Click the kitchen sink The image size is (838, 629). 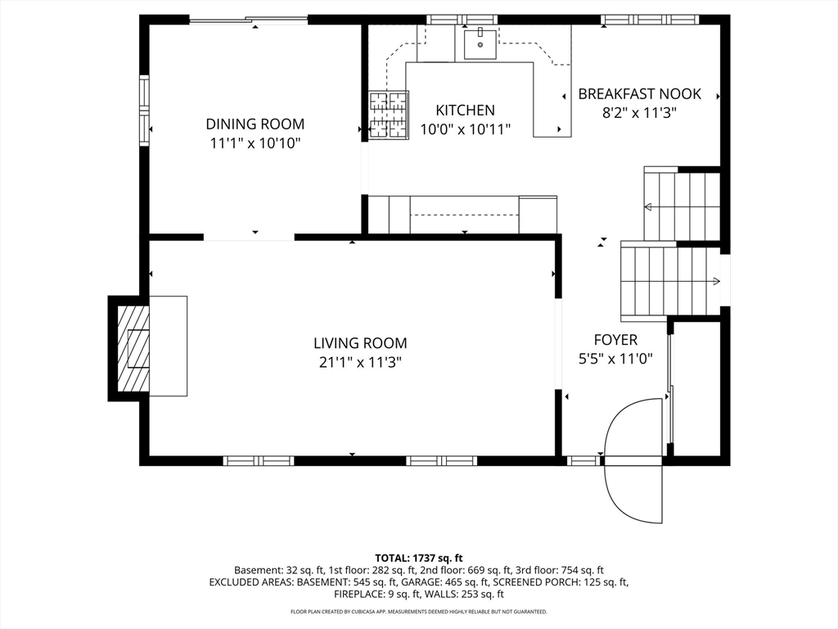tap(480, 44)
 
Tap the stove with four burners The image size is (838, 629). tap(389, 115)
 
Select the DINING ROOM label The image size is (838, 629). tap(255, 124)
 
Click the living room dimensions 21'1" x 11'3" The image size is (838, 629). tap(360, 363)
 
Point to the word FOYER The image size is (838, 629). tap(615, 340)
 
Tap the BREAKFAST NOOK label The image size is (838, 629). tap(640, 94)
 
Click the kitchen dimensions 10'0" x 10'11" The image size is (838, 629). tap(466, 129)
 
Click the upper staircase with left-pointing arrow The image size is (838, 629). tap(683, 206)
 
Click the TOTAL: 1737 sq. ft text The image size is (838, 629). tap(418, 559)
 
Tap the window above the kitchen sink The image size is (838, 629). tap(462, 20)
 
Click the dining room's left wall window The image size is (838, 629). tap(144, 111)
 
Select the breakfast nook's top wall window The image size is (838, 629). tap(650, 20)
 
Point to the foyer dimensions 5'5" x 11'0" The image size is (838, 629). tap(615, 359)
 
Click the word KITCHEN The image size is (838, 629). tap(466, 111)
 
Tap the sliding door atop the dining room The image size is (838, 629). tap(249, 20)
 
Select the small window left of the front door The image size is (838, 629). tap(584, 460)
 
